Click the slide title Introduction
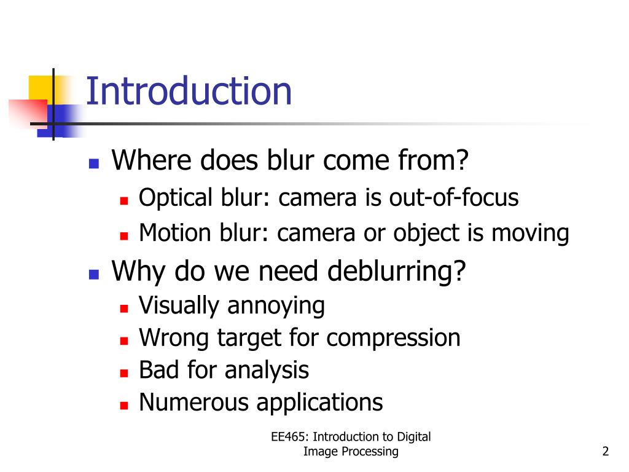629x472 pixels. coord(189,91)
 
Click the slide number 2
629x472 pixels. coord(606,452)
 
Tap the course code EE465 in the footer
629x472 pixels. coord(291,437)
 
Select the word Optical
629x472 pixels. coord(174,199)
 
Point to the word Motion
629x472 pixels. coord(173,234)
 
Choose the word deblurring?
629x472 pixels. coord(397,271)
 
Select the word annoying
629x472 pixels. coord(276,306)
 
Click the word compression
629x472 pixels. coord(393,338)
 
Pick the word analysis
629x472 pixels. coord(266,371)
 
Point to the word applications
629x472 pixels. coord(319,403)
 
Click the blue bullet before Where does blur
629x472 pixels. coord(94,163)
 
